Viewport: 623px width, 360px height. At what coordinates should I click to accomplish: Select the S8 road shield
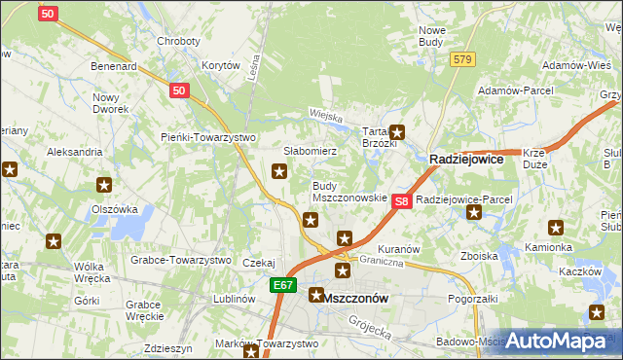401,199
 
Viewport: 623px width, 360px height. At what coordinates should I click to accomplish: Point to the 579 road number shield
462,59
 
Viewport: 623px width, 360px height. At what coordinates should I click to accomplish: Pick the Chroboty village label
178,42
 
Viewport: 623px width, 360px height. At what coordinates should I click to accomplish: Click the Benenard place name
113,66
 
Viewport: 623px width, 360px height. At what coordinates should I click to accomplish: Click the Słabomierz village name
310,152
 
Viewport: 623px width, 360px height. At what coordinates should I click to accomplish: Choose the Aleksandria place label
75,153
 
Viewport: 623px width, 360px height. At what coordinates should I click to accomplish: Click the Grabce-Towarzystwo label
180,261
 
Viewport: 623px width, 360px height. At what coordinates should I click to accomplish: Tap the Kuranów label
398,249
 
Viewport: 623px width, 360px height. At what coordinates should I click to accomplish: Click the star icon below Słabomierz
279,172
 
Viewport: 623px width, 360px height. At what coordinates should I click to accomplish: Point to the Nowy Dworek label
111,103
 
